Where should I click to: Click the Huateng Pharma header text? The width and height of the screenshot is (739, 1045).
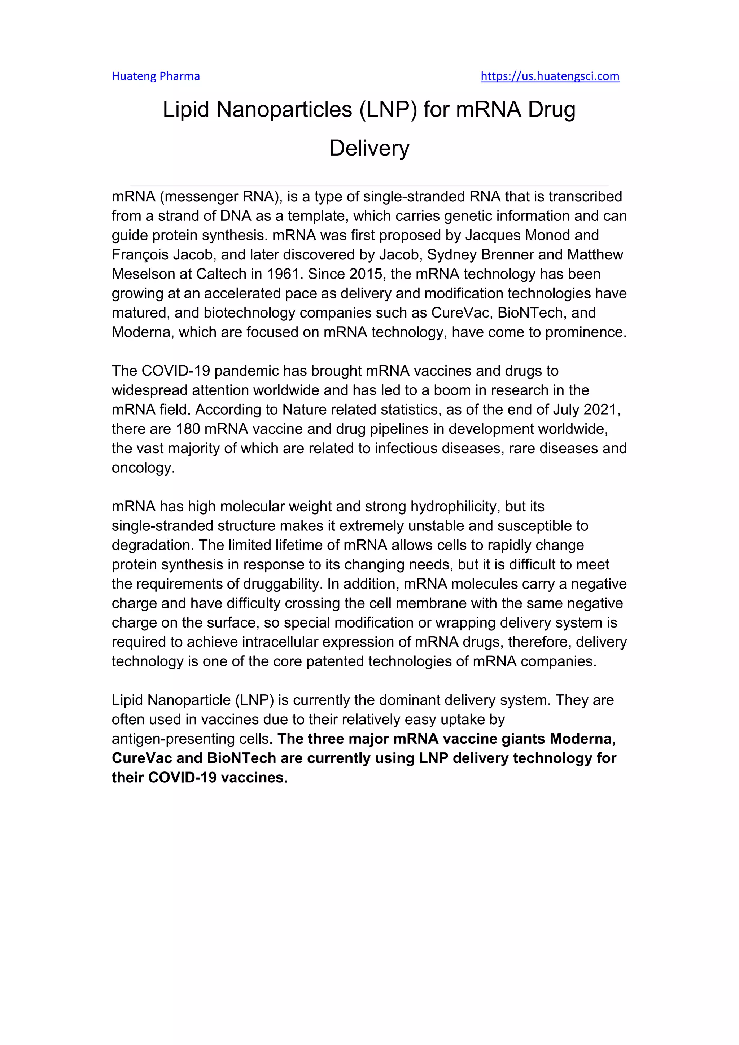coord(156,76)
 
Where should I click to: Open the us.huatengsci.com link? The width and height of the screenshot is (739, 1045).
coord(550,76)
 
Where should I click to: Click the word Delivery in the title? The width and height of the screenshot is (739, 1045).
coord(369,148)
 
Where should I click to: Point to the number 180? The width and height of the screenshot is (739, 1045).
coord(188,429)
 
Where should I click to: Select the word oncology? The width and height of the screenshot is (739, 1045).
coord(143,468)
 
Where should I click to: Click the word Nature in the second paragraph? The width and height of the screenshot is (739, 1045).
coord(305,410)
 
